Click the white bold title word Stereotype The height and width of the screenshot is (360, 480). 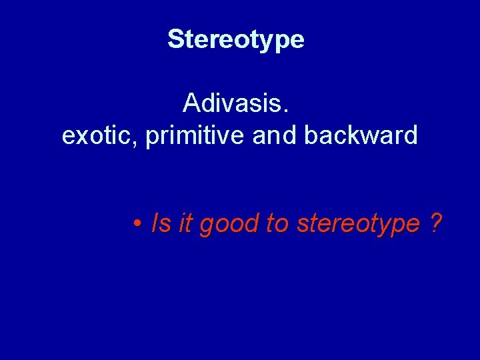coord(236,39)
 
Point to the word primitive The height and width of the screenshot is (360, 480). coord(195,135)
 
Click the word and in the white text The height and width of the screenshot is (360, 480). coord(275,135)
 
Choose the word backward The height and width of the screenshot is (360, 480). coord(361,135)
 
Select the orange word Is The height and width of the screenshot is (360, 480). coord(161,223)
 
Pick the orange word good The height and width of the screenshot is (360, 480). coord(229,225)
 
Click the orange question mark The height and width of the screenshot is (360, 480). coord(435,223)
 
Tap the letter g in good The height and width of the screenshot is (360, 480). coord(207,226)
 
